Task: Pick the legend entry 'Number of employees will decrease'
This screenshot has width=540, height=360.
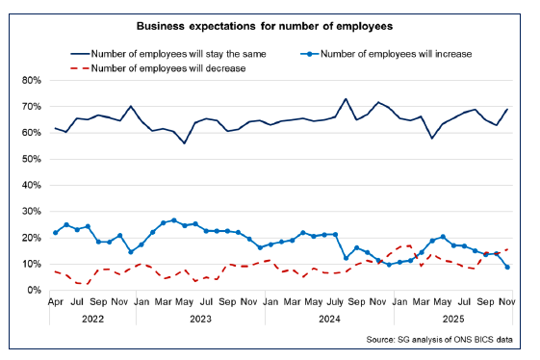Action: coord(168,68)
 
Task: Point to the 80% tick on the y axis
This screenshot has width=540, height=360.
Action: coord(31,80)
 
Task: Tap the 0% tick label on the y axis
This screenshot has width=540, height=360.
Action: coord(34,290)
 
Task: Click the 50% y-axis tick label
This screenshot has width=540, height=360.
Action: coord(31,159)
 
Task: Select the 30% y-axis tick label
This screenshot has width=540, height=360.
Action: coord(31,211)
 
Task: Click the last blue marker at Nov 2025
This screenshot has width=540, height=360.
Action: coord(507,267)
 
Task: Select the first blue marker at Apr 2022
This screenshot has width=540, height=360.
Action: coord(55,232)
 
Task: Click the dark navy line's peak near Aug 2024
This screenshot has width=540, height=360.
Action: coord(346,99)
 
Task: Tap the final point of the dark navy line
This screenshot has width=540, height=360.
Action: coord(507,110)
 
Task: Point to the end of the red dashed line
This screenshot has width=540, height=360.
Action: coord(507,249)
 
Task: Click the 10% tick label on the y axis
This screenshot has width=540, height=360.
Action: coord(31,264)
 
